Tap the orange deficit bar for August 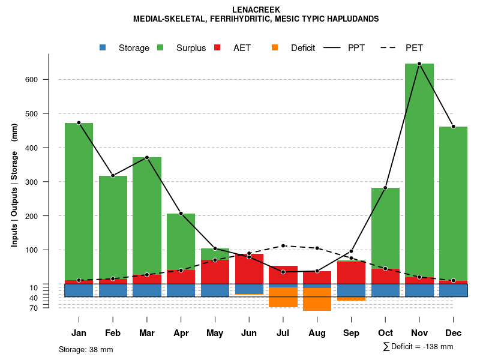[317, 299]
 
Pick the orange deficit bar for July [283, 297]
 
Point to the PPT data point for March [147, 157]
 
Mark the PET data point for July [283, 245]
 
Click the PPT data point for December [453, 127]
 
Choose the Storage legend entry [125, 48]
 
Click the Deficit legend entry [294, 48]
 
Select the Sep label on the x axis [351, 333]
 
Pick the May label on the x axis [215, 333]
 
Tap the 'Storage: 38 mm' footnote [86, 349]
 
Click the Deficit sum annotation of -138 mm [418, 347]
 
